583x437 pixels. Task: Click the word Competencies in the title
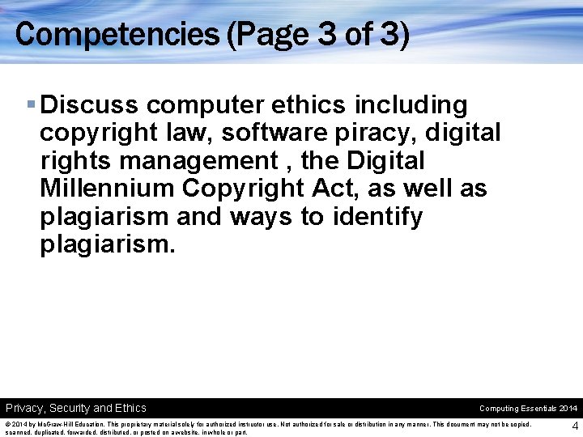point(115,34)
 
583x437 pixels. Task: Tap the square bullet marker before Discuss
point(31,105)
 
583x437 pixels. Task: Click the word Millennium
point(107,189)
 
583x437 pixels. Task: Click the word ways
point(262,217)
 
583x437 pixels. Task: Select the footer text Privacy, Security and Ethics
point(76,408)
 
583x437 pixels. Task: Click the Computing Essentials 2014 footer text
point(528,409)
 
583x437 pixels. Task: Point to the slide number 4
point(574,426)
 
